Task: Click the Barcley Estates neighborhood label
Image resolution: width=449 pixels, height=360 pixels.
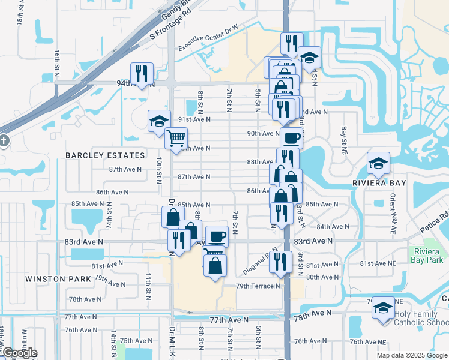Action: pyautogui.click(x=106, y=155)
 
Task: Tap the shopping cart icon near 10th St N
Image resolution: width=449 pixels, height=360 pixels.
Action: pyautogui.click(x=176, y=138)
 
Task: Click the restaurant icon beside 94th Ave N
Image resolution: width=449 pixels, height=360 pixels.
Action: pyautogui.click(x=142, y=73)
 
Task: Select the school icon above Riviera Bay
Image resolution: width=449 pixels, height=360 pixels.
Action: pyautogui.click(x=379, y=162)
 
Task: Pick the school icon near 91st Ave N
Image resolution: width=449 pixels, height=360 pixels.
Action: pyautogui.click(x=160, y=120)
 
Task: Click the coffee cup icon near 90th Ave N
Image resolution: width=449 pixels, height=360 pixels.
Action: pyautogui.click(x=292, y=138)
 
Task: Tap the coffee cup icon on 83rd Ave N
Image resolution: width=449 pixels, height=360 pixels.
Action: pyautogui.click(x=217, y=236)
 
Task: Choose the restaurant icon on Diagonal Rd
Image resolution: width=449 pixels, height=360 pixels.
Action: pyautogui.click(x=280, y=261)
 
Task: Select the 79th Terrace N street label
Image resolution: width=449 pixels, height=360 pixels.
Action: pyautogui.click(x=258, y=286)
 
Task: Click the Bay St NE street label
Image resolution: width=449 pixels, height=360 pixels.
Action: pyautogui.click(x=345, y=137)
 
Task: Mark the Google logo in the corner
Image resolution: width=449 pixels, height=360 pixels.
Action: pyautogui.click(x=19, y=353)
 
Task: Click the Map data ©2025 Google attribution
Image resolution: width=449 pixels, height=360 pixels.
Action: pyautogui.click(x=411, y=355)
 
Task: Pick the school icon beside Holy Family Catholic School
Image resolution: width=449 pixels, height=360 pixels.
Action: pyautogui.click(x=383, y=308)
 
